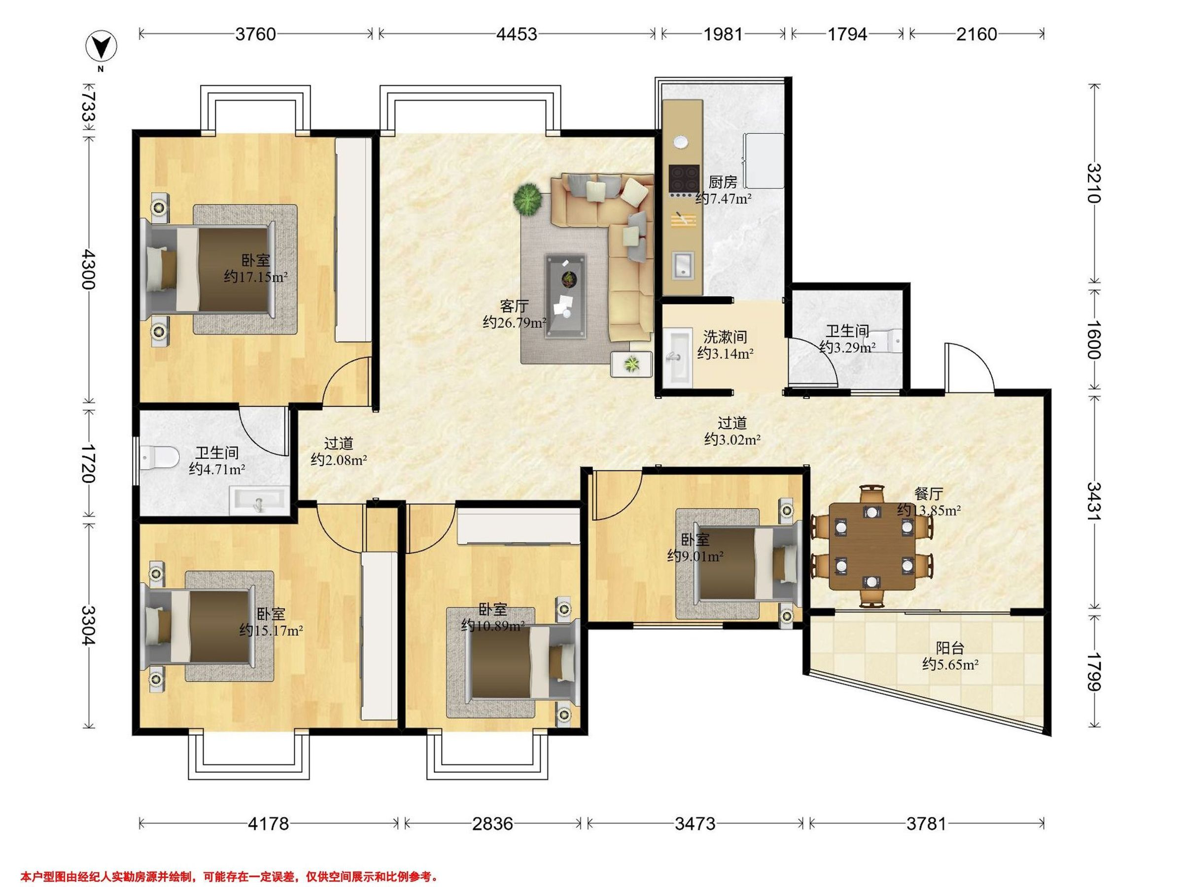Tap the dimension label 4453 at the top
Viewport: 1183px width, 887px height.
(x=516, y=34)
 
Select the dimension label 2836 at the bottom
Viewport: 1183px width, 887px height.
(x=492, y=823)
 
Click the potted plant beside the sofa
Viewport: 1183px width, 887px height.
(x=528, y=200)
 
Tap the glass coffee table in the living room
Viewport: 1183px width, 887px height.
(x=566, y=297)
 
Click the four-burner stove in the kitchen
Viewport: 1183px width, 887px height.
(x=684, y=178)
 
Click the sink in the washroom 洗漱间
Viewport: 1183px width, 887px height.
(x=678, y=357)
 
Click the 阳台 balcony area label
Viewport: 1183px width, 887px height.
(x=950, y=648)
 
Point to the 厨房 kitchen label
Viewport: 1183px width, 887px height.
(x=723, y=182)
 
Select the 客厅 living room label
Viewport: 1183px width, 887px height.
(x=515, y=306)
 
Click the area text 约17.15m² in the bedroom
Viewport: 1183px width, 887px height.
(x=256, y=277)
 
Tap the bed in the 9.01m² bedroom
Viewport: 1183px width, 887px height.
(x=748, y=563)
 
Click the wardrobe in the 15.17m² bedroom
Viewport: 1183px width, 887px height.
(x=379, y=636)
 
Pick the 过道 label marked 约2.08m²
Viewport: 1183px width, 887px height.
(x=339, y=451)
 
